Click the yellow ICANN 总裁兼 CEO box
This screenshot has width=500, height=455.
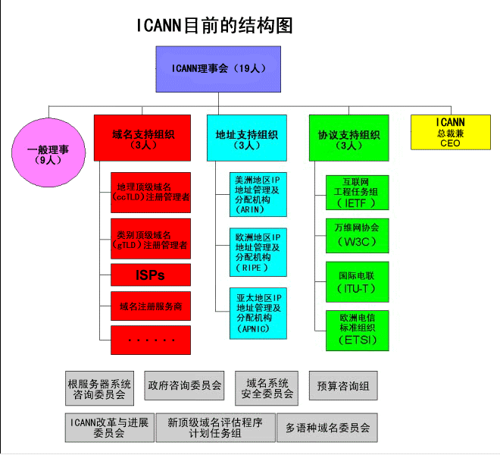[450, 132]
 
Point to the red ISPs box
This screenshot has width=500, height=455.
[151, 275]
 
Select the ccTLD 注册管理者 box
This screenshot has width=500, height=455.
[151, 193]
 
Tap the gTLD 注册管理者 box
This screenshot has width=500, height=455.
[151, 239]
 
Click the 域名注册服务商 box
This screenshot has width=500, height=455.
[151, 306]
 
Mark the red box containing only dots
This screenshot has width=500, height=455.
[151, 339]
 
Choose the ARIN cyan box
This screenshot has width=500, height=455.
[258, 194]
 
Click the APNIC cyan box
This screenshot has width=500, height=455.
[258, 312]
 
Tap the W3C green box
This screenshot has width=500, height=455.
[356, 237]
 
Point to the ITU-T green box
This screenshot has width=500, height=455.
[356, 282]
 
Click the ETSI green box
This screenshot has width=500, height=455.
[356, 330]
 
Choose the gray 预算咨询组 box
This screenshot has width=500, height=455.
[343, 386]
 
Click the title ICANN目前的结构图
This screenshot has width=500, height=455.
[214, 26]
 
